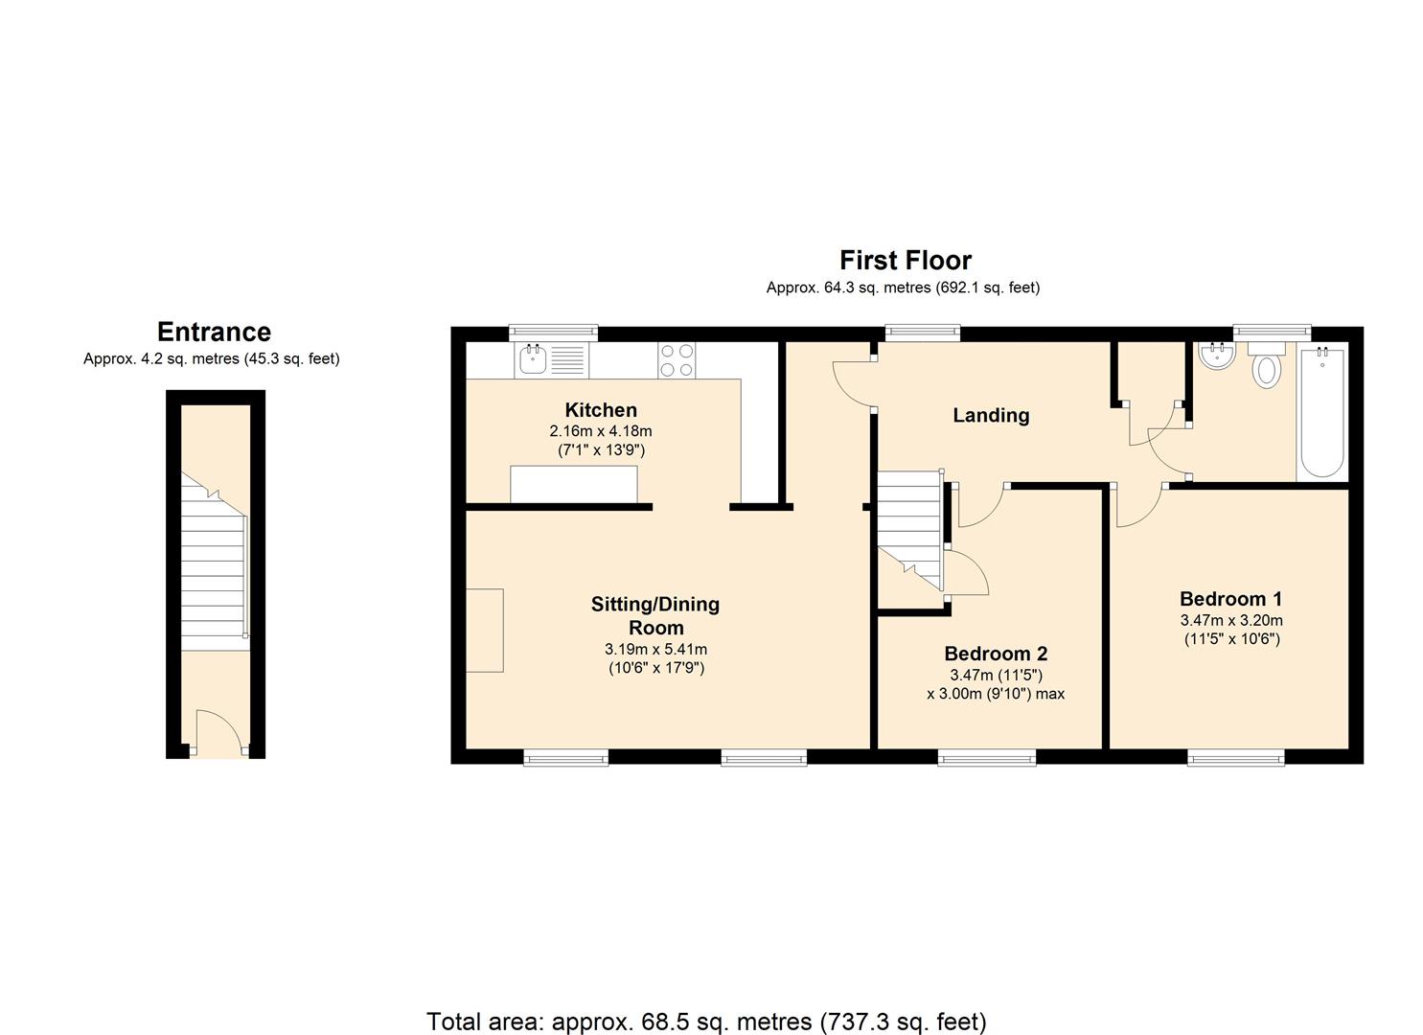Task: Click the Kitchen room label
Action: click(600, 410)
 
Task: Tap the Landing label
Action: click(991, 416)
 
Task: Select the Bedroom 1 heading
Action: click(1230, 599)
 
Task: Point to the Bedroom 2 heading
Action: click(996, 654)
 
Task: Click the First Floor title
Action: click(906, 260)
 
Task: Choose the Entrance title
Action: click(214, 332)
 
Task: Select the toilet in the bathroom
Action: click(1266, 365)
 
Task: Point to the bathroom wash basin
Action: click(1217, 356)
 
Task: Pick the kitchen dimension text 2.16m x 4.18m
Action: click(600, 431)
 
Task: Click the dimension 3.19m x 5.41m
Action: click(655, 650)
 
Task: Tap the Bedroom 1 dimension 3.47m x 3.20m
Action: click(1231, 620)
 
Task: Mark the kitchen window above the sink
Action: click(553, 331)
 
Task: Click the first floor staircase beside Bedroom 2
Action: click(909, 530)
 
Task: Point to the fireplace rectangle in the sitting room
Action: click(485, 631)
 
